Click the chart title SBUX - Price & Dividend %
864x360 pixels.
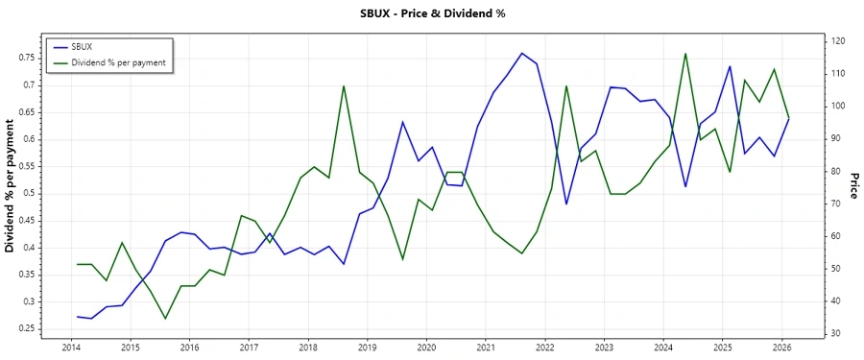click(x=431, y=13)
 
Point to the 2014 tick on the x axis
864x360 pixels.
click(x=71, y=347)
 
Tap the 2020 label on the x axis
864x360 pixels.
click(x=426, y=347)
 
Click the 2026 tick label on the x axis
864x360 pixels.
click(x=781, y=347)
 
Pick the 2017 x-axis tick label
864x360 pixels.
click(x=249, y=347)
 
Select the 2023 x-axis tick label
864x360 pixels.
click(x=604, y=347)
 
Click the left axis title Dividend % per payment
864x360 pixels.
click(x=10, y=187)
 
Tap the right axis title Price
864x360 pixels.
click(x=853, y=188)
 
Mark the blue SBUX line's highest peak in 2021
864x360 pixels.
click(x=521, y=53)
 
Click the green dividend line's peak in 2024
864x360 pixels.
click(x=685, y=54)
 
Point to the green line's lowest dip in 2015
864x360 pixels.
click(x=165, y=319)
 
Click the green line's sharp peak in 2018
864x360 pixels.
click(x=344, y=85)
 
